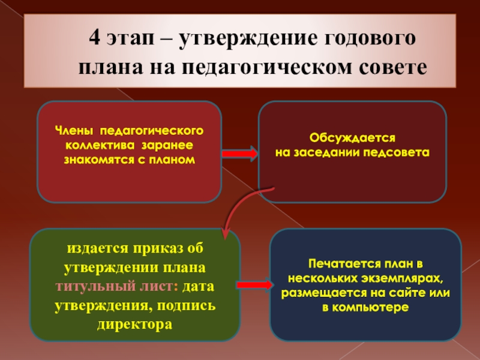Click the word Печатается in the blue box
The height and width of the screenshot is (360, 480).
coord(339,263)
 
